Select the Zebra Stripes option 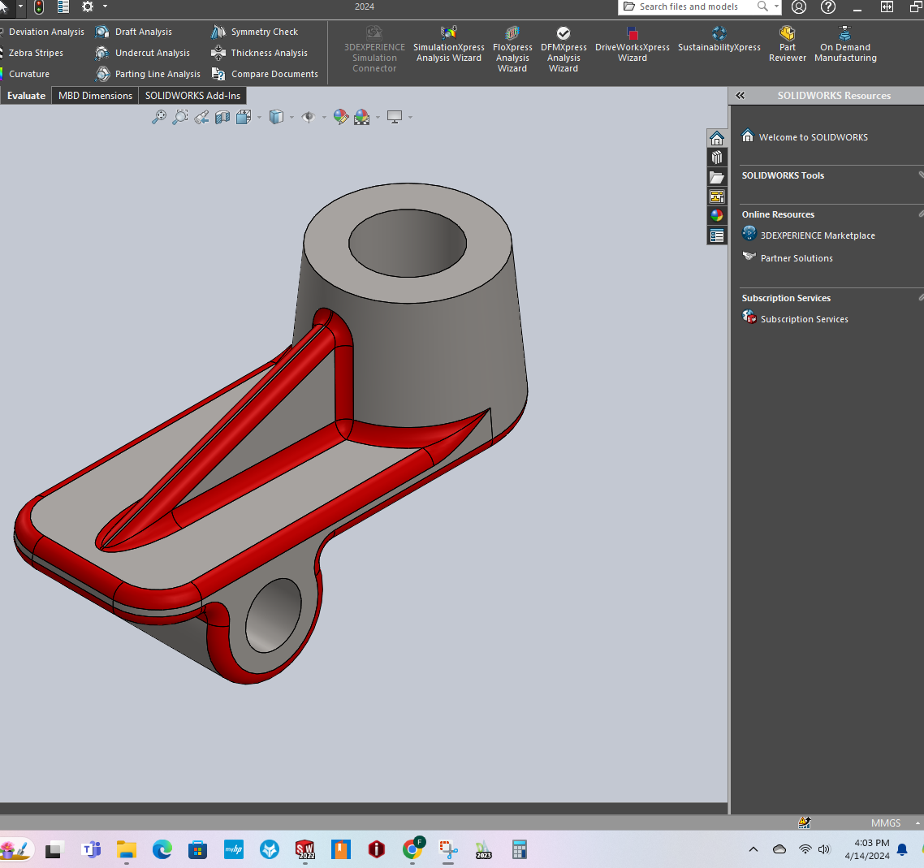coord(36,53)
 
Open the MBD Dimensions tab coord(95,96)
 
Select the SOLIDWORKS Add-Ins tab coord(192,96)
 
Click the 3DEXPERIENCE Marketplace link coord(818,235)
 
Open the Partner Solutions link coord(797,258)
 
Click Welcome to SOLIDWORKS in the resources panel coord(813,137)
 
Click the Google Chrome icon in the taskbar coord(412,849)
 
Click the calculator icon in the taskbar coord(520,849)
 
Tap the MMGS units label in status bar coord(886,823)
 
